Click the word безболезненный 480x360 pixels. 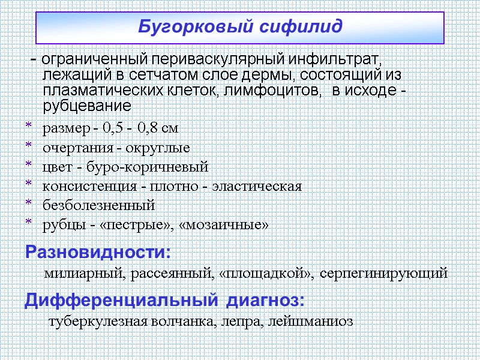tap(99, 205)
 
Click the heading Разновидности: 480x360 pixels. tap(98, 251)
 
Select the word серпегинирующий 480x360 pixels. tap(384, 274)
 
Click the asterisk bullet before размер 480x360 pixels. tap(27, 127)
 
